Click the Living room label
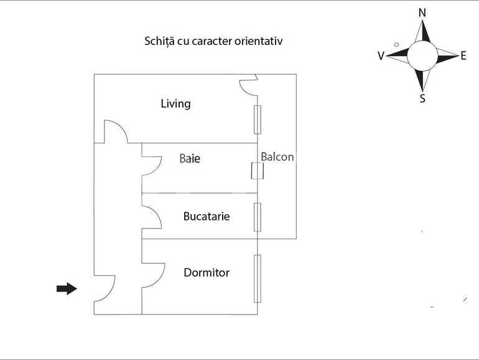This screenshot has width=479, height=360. (x=175, y=103)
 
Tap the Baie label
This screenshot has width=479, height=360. (x=190, y=158)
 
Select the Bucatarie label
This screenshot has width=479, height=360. (x=207, y=216)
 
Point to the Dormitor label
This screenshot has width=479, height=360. (x=207, y=273)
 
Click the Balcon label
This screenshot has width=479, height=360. (x=277, y=157)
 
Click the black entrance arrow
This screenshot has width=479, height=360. (x=67, y=289)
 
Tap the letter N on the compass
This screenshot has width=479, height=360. (x=422, y=13)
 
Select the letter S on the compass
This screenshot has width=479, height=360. (x=422, y=98)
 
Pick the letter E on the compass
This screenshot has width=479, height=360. (x=463, y=56)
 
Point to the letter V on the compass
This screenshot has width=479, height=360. (x=381, y=56)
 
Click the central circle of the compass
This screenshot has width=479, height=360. (x=422, y=56)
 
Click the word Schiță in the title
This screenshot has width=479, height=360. (x=159, y=41)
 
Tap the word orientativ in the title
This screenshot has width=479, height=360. (x=258, y=41)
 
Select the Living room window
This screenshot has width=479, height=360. (x=258, y=120)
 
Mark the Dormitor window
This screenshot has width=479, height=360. (x=258, y=278)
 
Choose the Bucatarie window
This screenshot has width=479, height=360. (x=258, y=217)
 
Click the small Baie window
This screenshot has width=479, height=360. (x=258, y=171)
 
